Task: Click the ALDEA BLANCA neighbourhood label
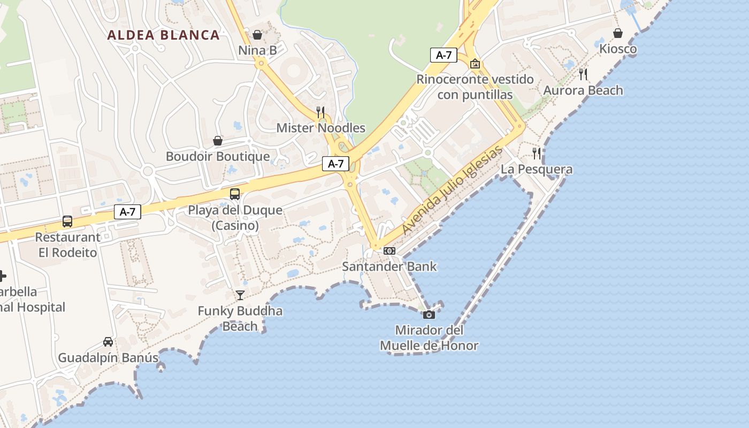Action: coord(163,35)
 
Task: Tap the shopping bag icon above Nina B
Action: coord(257,35)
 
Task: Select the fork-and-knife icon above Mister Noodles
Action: coord(320,112)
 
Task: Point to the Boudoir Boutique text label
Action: coord(218,157)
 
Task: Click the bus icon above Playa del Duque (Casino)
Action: coord(234,194)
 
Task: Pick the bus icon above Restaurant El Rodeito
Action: coord(67,221)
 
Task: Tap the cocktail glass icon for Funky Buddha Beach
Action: coord(240,295)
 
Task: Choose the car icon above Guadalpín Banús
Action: coord(108,342)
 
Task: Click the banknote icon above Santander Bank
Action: coord(389,250)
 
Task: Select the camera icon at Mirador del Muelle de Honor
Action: coord(429,315)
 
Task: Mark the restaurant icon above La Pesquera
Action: coord(537,154)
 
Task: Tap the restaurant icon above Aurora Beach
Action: coord(583,74)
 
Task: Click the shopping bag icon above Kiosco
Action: coord(618,33)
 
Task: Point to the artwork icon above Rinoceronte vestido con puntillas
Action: coord(475,64)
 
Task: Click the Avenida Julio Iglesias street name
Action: coord(453,190)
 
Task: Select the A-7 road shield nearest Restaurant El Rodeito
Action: coord(127,212)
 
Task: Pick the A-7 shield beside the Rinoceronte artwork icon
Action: coord(444,55)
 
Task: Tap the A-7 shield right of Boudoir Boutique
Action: coord(335,164)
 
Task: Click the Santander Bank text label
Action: coord(389,266)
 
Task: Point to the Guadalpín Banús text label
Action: coord(108,358)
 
